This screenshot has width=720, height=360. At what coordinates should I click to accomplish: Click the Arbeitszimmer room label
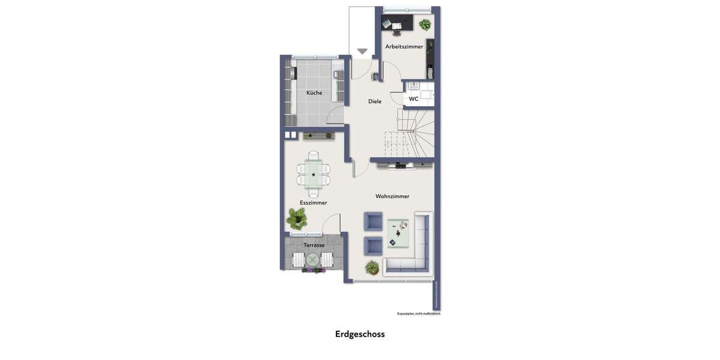tap(404, 46)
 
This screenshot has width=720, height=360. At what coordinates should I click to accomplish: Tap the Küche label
tap(314, 92)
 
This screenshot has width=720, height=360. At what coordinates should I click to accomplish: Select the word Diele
tap(374, 101)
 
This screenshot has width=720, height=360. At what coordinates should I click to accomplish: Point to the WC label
tap(413, 99)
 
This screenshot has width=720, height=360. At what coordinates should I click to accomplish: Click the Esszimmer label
tap(313, 203)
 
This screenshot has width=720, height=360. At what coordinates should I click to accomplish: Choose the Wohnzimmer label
tap(392, 196)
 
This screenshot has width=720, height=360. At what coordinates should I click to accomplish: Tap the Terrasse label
tap(314, 245)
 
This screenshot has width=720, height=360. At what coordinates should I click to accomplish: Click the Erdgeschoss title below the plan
tap(360, 334)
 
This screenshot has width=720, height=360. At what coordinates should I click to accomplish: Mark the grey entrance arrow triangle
tap(362, 52)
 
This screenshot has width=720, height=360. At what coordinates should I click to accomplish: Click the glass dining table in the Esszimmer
tap(313, 174)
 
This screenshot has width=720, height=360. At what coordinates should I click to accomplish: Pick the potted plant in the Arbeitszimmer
tap(425, 25)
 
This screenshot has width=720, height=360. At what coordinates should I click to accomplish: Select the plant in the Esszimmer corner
tap(295, 218)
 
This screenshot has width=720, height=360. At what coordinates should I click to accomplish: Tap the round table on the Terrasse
tap(313, 260)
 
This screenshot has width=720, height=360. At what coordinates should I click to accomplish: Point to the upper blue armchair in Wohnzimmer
tap(373, 221)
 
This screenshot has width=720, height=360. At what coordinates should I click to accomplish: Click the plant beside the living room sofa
tap(372, 267)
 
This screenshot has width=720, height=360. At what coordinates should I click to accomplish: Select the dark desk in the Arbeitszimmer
tap(397, 23)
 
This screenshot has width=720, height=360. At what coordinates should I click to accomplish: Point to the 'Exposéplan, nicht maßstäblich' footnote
tap(418, 313)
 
